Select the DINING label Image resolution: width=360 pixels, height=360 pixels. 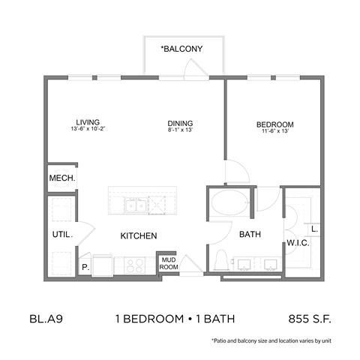tap(181, 124)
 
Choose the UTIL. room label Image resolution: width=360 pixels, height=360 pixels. tap(61, 235)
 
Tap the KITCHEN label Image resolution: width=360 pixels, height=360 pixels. tap(139, 235)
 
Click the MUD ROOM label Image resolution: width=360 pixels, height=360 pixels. tap(166, 263)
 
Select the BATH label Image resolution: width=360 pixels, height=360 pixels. tap(250, 235)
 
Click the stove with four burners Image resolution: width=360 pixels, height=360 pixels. tap(135, 264)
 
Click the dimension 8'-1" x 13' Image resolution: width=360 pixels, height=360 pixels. tap(181, 131)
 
